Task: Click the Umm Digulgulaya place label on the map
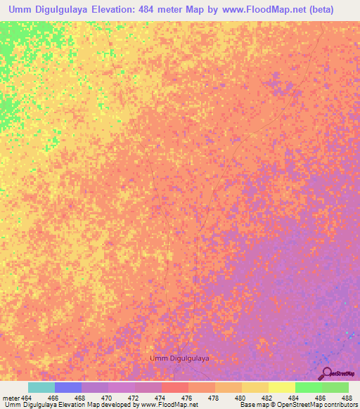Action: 180,358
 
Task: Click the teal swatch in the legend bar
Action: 41,387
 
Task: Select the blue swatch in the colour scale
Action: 68,387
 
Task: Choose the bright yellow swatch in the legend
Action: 281,387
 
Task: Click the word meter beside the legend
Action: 10,398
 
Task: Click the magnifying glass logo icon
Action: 328,372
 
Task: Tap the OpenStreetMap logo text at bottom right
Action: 343,374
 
